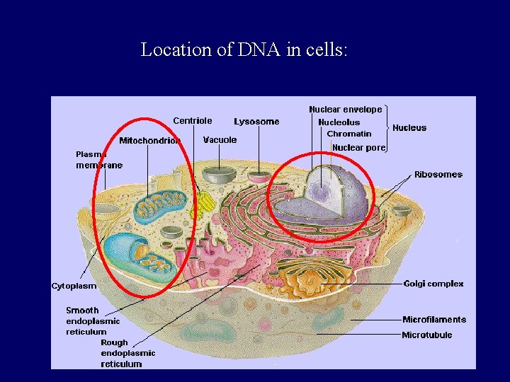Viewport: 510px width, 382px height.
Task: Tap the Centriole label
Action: point(192,120)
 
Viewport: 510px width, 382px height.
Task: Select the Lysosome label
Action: point(256,122)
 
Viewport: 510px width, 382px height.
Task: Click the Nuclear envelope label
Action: point(345,110)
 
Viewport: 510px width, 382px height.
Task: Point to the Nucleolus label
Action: point(339,122)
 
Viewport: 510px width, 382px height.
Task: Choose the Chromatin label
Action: point(348,134)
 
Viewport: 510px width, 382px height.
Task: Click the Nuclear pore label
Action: point(358,148)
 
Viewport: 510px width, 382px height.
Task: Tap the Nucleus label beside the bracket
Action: point(409,128)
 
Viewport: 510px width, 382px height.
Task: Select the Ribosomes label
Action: point(438,174)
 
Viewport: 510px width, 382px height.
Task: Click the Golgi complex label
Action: point(433,284)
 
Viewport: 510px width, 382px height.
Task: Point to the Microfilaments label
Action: point(433,320)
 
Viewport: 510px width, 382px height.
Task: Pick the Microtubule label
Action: point(426,335)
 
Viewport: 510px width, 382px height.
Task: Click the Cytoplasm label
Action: point(74,286)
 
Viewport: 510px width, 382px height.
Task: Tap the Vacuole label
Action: point(220,140)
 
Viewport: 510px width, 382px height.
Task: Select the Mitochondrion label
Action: point(149,141)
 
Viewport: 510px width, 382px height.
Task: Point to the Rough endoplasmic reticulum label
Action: point(127,353)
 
